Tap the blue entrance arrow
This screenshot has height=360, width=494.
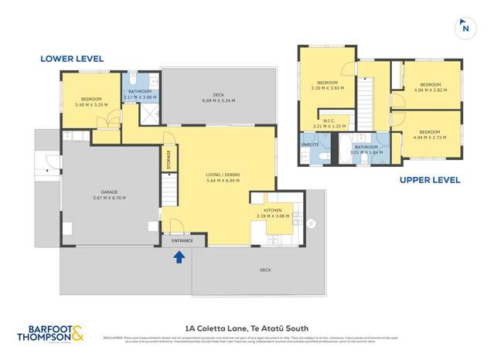tap(179, 257)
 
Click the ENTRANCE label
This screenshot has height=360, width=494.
tap(183, 241)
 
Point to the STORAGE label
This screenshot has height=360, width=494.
tap(169, 159)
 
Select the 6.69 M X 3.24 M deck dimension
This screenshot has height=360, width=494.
tap(218, 101)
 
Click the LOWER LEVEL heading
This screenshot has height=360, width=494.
tap(72, 59)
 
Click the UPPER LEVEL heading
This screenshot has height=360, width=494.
tap(430, 180)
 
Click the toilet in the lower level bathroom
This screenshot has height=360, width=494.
tap(133, 80)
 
